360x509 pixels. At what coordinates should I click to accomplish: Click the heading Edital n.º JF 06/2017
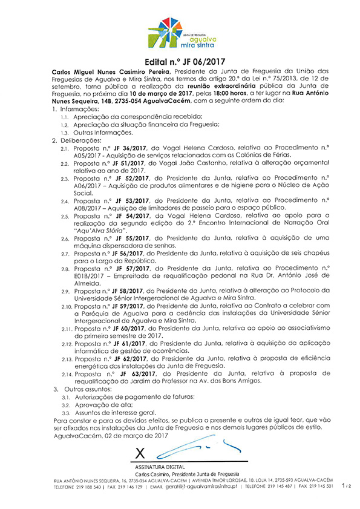pyautogui.click(x=180, y=61)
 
